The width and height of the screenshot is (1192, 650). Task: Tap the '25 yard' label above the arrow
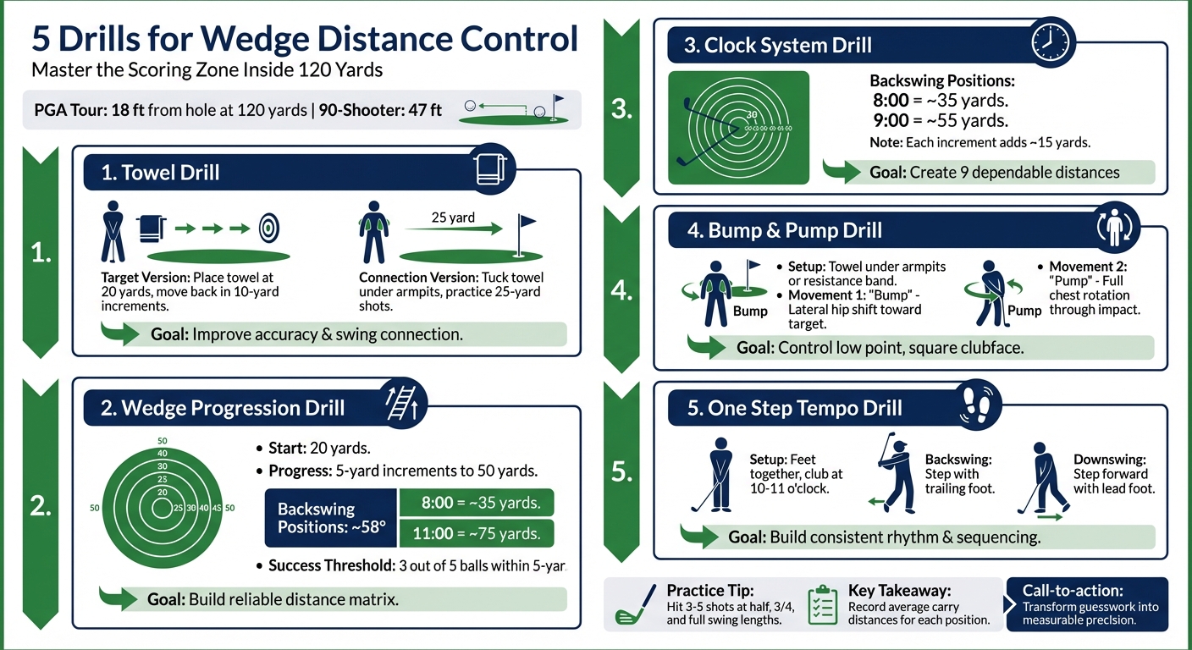(453, 218)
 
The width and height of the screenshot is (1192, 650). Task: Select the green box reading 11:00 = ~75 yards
(476, 533)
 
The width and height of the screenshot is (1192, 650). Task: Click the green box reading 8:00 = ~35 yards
(476, 503)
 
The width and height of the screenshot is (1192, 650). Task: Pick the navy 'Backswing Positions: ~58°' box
(331, 517)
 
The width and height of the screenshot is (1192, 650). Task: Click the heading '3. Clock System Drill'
(777, 45)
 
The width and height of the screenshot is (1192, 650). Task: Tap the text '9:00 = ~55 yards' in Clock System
(940, 120)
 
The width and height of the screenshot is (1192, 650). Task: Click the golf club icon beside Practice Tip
(636, 604)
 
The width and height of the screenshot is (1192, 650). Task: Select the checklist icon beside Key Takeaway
(822, 604)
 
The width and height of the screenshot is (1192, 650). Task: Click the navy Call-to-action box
(1089, 604)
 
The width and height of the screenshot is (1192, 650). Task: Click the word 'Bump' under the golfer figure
(750, 311)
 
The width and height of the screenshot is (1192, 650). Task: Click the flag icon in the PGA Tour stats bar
(556, 107)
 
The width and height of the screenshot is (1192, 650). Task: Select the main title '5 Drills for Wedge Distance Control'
(305, 39)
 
